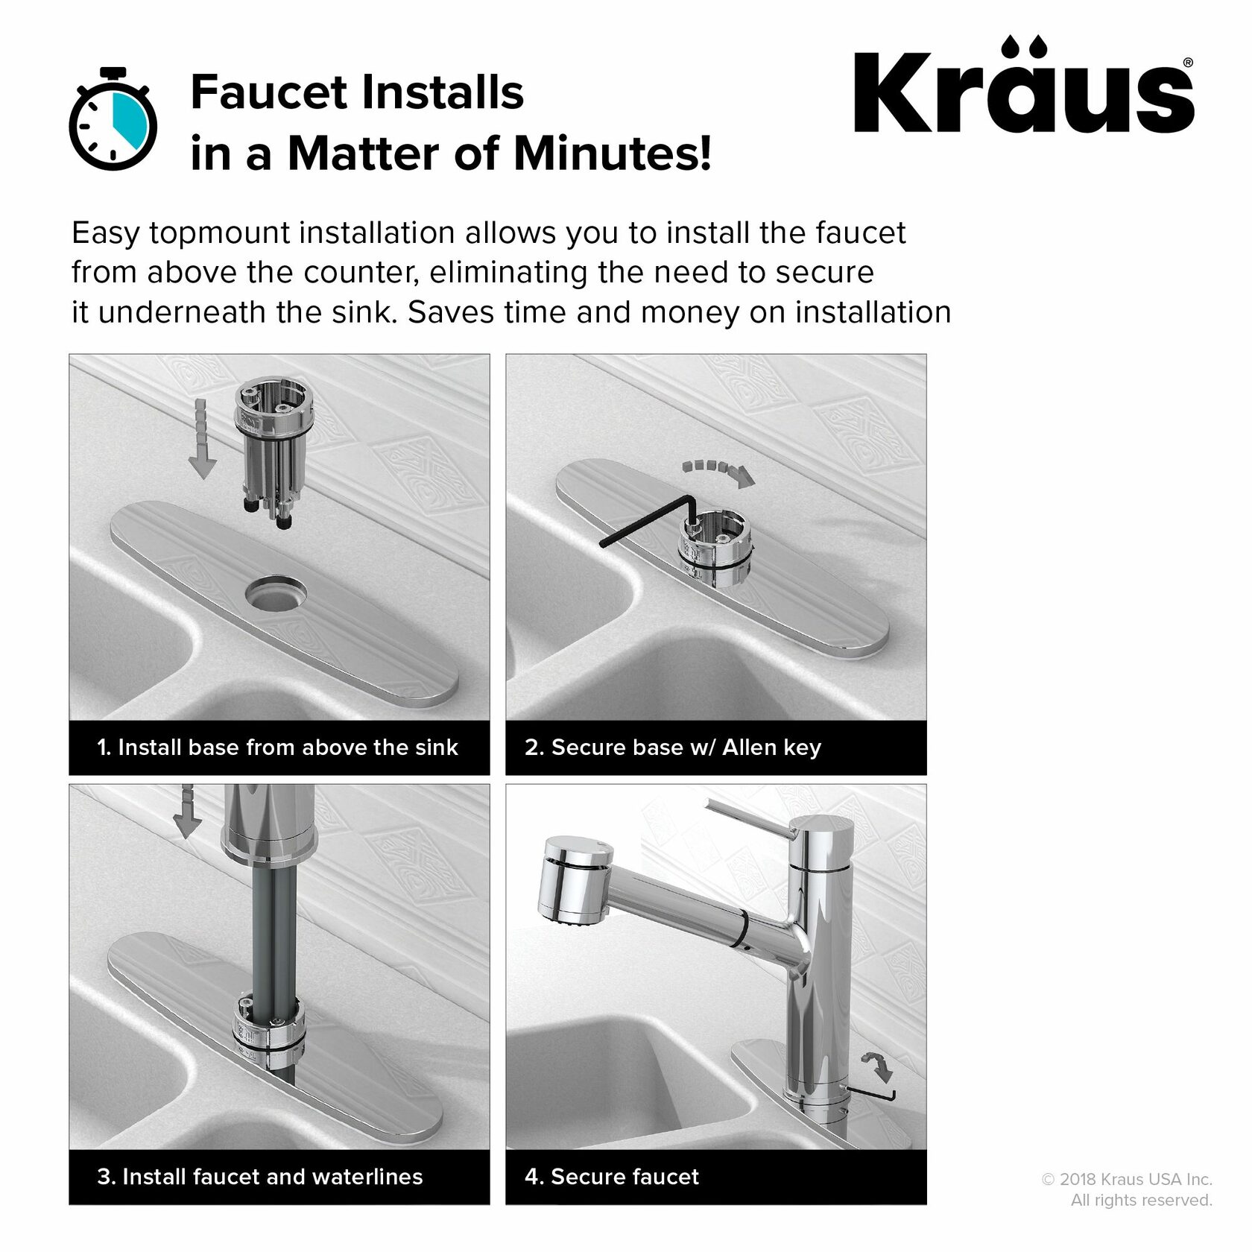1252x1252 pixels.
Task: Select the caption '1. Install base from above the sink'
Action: [x=277, y=747]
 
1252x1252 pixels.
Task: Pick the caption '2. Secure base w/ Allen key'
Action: [x=672, y=747]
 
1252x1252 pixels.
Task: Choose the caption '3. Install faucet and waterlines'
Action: [x=259, y=1177]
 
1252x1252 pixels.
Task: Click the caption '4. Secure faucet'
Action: [x=612, y=1177]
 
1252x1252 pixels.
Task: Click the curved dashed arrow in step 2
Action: [x=718, y=472]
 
